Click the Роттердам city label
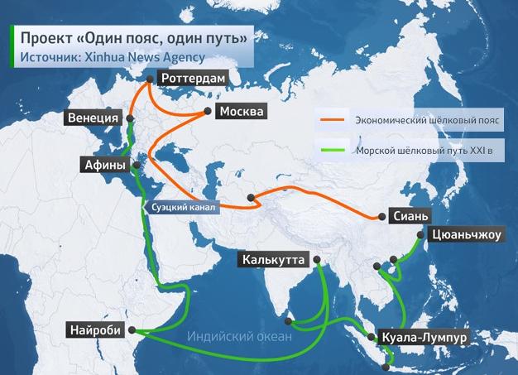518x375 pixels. click(191, 79)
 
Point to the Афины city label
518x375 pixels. click(105, 165)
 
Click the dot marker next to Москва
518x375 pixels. click(207, 111)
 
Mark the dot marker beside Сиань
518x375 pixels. click(382, 217)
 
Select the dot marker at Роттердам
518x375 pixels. click(149, 79)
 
